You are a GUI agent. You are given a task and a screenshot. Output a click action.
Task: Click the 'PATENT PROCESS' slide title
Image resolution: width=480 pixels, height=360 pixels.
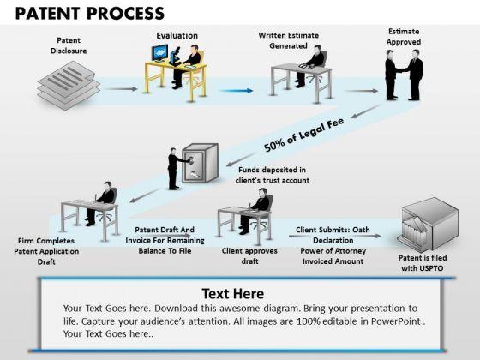[90, 14]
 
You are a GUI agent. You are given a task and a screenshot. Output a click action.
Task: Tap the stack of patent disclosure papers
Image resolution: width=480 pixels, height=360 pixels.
[69, 85]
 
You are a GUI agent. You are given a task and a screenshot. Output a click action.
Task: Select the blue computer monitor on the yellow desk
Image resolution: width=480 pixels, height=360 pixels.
[159, 53]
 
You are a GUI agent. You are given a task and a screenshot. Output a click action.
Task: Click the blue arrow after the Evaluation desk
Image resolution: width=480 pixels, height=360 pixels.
[237, 91]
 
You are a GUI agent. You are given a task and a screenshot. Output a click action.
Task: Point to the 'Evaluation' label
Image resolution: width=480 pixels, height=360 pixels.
[177, 35]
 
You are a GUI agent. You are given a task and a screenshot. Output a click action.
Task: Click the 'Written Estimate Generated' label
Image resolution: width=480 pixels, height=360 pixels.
[288, 40]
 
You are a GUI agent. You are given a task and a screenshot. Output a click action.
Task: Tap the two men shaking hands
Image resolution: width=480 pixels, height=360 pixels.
[404, 75]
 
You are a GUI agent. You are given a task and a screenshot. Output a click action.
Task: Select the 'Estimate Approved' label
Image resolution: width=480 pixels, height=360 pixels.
[404, 36]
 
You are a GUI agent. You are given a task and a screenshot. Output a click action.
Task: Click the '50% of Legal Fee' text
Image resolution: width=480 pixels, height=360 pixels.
[303, 134]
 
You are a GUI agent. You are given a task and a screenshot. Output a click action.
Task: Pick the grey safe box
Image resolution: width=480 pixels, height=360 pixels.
[201, 163]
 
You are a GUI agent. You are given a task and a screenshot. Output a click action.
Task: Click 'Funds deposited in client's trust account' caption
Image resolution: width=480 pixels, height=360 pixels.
[273, 175]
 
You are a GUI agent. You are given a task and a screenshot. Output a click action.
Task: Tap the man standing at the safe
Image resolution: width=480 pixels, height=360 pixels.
[173, 169]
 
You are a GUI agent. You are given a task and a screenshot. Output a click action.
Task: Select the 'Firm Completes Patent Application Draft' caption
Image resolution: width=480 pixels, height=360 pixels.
[46, 251]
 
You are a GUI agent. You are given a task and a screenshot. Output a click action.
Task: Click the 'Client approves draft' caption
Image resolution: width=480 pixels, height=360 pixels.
[249, 255]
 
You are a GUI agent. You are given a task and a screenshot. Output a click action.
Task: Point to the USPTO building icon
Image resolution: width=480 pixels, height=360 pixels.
[429, 225]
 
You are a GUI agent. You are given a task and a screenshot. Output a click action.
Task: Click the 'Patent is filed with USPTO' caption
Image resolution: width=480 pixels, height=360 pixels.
[423, 262]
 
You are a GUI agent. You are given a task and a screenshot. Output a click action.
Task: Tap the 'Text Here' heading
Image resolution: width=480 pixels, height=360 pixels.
[233, 293]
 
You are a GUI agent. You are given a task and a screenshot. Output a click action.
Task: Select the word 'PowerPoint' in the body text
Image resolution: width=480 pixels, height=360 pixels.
[395, 321]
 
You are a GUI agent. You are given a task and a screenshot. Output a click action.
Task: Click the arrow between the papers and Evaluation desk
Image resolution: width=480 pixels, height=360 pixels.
[120, 89]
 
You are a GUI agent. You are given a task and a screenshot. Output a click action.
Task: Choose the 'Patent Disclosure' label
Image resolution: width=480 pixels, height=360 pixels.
[69, 45]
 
